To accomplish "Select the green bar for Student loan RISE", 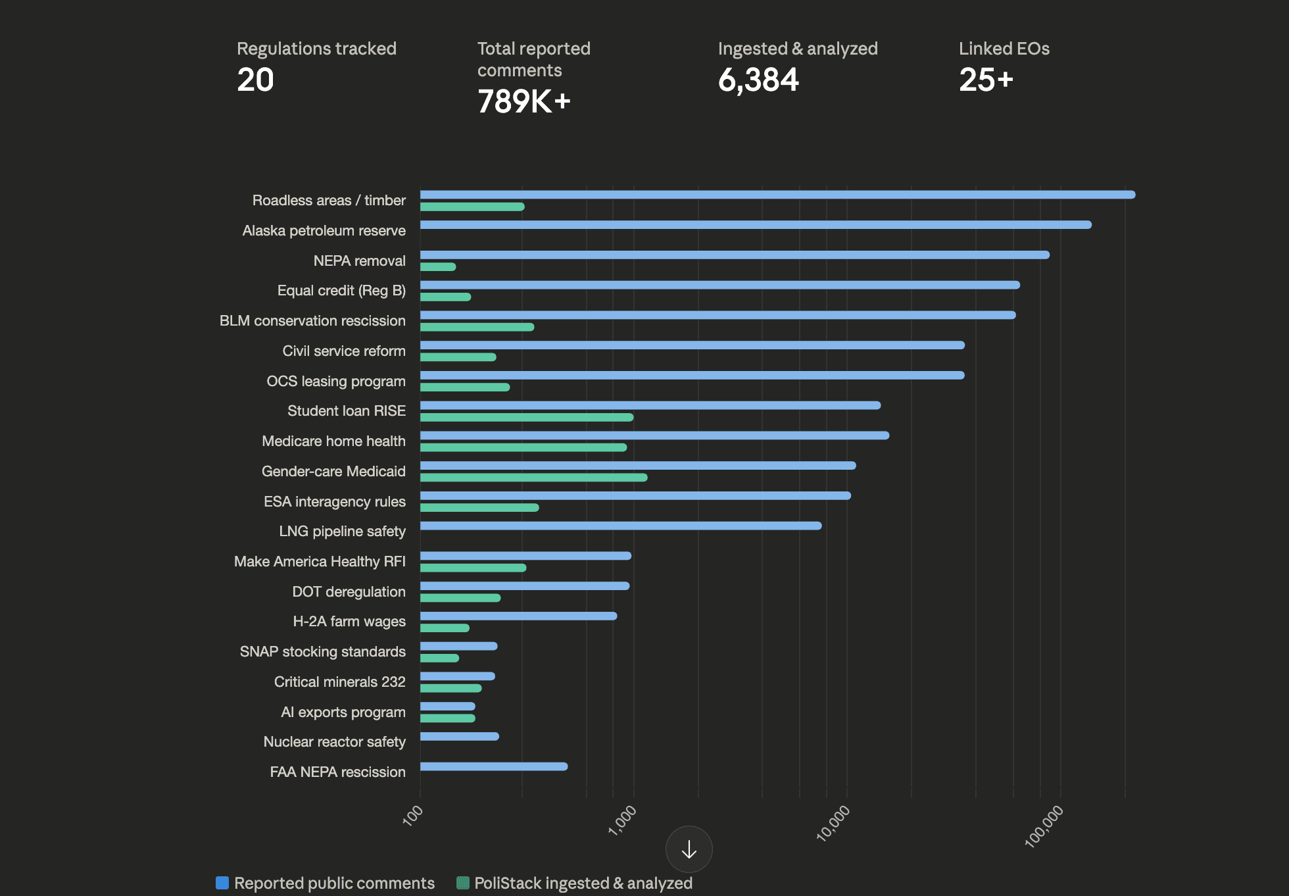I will pyautogui.click(x=526, y=417).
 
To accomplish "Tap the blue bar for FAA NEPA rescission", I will pyautogui.click(x=493, y=766).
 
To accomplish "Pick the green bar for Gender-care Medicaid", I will pyautogui.click(x=533, y=478).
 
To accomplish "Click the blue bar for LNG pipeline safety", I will pyautogui.click(x=621, y=526).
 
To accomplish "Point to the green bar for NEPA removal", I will pyautogui.click(x=438, y=267).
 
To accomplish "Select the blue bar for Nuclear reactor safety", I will pyautogui.click(x=459, y=736).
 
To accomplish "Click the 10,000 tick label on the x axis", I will pyautogui.click(x=833, y=823).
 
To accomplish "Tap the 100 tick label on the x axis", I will pyautogui.click(x=413, y=816).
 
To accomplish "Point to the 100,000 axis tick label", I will pyautogui.click(x=1044, y=826).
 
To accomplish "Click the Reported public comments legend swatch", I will pyautogui.click(x=222, y=883).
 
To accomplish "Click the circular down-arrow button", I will pyautogui.click(x=689, y=849).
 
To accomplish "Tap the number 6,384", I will pyautogui.click(x=758, y=80).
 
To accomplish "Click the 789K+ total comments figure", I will pyautogui.click(x=523, y=102).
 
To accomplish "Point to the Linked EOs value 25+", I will pyautogui.click(x=986, y=80).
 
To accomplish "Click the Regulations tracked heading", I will pyautogui.click(x=316, y=49).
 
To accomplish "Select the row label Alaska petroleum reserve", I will pyautogui.click(x=324, y=231).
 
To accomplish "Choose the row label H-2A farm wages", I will pyautogui.click(x=349, y=622).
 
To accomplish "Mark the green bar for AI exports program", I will pyautogui.click(x=447, y=718).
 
